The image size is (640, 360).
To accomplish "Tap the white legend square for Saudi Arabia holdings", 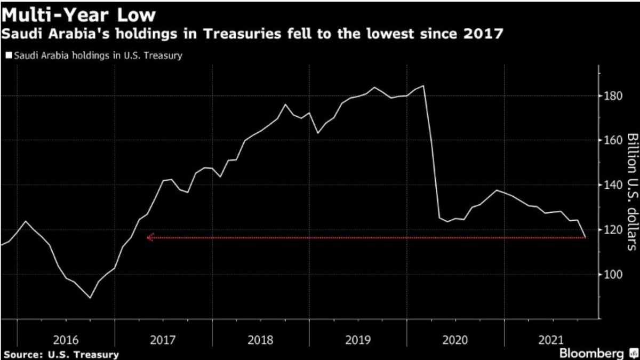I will [9, 55].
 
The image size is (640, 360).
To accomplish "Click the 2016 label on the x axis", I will [66, 339].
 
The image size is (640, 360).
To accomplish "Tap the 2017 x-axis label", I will [164, 339].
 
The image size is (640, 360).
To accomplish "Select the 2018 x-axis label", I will [261, 339].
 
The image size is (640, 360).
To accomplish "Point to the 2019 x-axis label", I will [359, 339].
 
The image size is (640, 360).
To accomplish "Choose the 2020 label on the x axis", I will [457, 339].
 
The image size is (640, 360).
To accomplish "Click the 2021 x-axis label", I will [554, 339].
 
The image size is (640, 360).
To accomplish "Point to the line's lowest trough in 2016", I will [90, 298].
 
